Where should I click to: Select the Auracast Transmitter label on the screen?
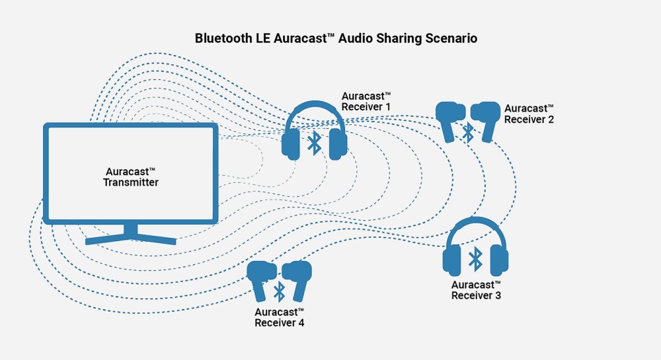131,176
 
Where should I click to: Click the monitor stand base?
131,238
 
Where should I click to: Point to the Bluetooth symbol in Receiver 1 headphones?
315,142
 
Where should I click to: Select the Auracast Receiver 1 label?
367,100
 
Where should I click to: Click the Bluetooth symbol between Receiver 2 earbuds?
468,132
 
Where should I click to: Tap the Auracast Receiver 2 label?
529,114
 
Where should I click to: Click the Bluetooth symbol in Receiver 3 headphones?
475,259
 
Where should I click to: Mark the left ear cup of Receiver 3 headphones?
453,260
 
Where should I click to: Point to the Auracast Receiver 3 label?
476,290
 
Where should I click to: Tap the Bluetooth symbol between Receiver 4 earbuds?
280,290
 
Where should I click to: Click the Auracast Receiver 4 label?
280,317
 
